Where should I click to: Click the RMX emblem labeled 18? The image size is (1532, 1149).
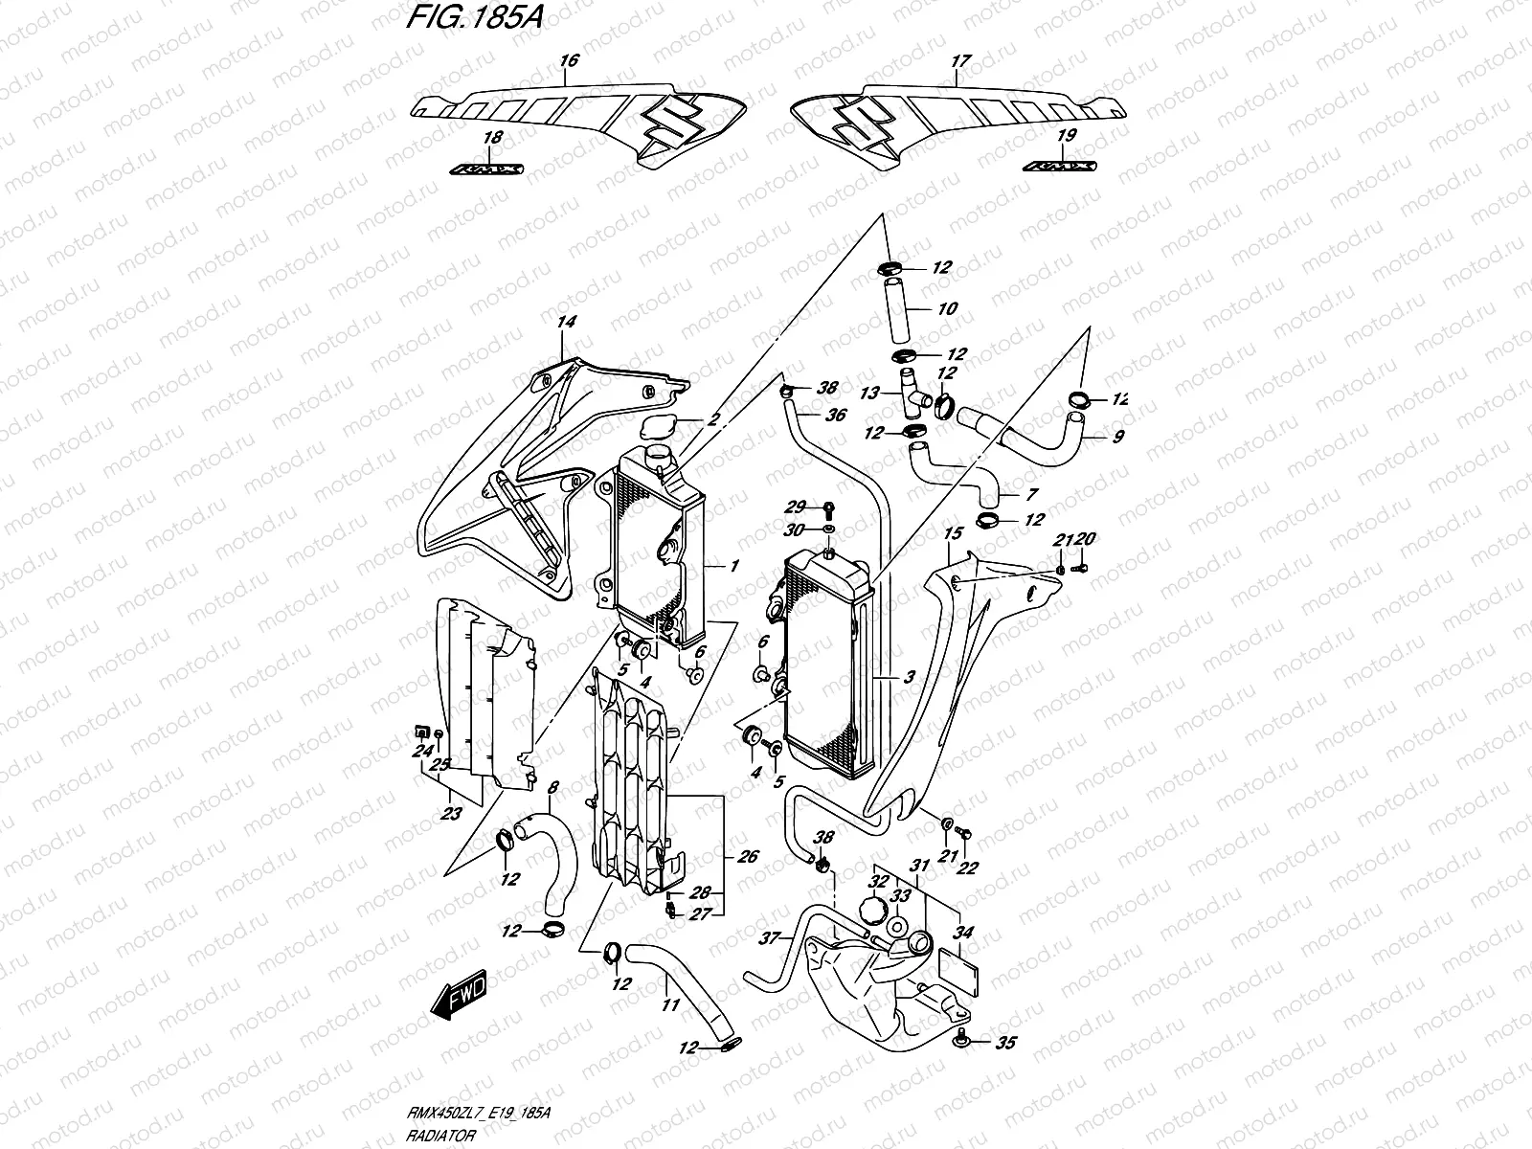tap(487, 168)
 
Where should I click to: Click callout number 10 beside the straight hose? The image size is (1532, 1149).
tap(947, 309)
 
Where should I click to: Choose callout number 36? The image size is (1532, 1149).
tap(835, 416)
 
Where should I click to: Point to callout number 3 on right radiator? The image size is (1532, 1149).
tap(909, 677)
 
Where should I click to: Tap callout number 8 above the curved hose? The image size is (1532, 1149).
tap(552, 788)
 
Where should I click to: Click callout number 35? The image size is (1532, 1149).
tap(1005, 1044)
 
